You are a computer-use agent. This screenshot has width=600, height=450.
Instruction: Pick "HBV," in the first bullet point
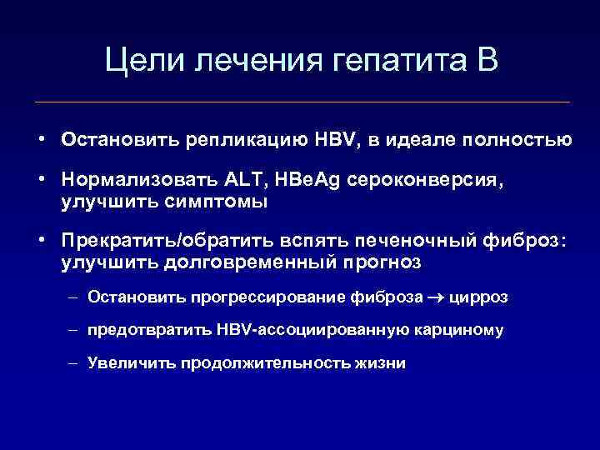click(x=341, y=139)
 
